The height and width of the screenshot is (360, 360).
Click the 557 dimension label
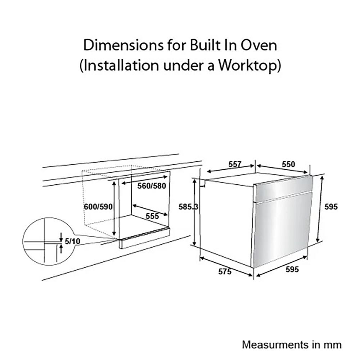[x=235, y=165]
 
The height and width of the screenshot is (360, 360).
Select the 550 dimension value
[x=288, y=165]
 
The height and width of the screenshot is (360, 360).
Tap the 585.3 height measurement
[x=188, y=207]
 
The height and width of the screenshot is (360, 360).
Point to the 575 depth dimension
[x=225, y=271]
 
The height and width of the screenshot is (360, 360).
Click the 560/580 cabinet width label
[x=152, y=186]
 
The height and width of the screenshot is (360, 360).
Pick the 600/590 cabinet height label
[x=98, y=207]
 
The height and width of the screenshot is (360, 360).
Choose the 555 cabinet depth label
[x=152, y=216]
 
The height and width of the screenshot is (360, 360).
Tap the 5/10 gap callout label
[x=73, y=241]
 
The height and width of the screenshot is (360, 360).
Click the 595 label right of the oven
[x=331, y=207]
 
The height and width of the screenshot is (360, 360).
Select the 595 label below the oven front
[x=292, y=269]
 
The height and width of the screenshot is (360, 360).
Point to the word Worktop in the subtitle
[x=249, y=66]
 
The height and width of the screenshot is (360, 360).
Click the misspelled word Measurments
[x=275, y=345]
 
